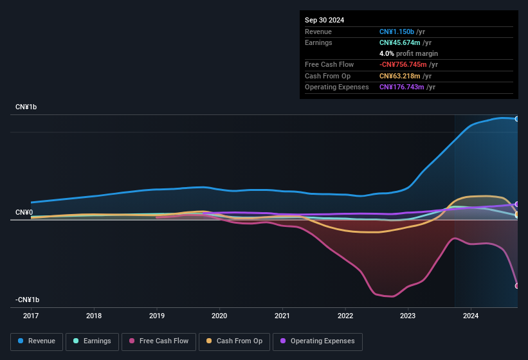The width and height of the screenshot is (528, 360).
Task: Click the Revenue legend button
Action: click(37, 341)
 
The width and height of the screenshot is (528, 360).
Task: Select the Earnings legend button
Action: click(92, 341)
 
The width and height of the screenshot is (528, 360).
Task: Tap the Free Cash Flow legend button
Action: click(159, 341)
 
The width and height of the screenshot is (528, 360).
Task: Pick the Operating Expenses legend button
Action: click(317, 341)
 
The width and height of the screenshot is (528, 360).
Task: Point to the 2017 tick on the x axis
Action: click(31, 316)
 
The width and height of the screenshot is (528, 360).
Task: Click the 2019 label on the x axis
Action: click(156, 316)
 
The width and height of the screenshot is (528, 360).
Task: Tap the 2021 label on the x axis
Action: click(282, 316)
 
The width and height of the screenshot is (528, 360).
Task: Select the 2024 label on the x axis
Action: click(471, 316)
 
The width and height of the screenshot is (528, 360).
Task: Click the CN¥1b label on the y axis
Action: click(26, 107)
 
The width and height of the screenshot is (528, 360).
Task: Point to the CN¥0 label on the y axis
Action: click(24, 212)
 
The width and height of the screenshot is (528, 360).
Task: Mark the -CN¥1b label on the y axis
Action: click(28, 300)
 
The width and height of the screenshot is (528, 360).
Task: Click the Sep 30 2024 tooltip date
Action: click(324, 20)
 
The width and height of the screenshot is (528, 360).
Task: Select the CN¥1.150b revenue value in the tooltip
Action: click(397, 32)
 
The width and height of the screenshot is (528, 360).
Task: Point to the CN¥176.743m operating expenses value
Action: click(401, 87)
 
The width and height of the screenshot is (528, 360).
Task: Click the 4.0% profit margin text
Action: click(408, 53)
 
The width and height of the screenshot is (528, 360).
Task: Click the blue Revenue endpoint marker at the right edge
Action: click(517, 119)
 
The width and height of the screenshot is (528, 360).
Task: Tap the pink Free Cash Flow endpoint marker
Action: click(517, 286)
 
